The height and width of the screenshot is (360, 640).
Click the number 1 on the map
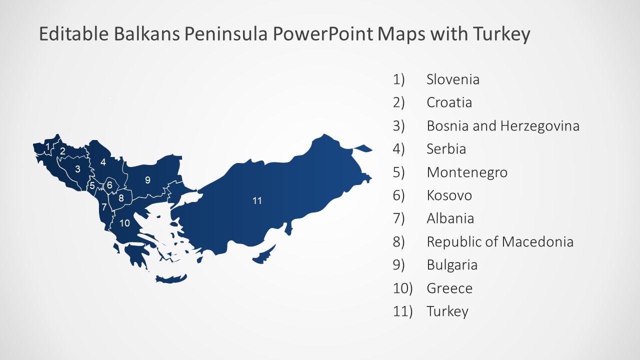pyautogui.click(x=47, y=146)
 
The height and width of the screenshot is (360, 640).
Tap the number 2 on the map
pyautogui.click(x=62, y=150)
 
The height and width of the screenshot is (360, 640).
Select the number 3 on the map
pyautogui.click(x=77, y=169)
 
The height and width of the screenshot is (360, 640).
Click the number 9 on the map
pyautogui.click(x=147, y=180)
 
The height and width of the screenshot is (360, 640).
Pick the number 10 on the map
pyautogui.click(x=125, y=223)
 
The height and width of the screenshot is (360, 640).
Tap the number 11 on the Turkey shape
pyautogui.click(x=257, y=201)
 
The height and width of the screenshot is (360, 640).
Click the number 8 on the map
pyautogui.click(x=121, y=198)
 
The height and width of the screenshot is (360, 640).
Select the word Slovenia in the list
pyautogui.click(x=452, y=79)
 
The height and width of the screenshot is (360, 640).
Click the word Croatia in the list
pyautogui.click(x=449, y=102)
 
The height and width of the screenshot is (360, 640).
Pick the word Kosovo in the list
pyautogui.click(x=449, y=195)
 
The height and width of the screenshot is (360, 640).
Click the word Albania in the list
pyautogui.click(x=450, y=218)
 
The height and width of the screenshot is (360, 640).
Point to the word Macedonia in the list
pyautogui.click(x=537, y=242)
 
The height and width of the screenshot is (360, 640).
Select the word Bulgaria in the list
pyautogui.click(x=452, y=265)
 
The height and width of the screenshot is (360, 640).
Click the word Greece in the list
pyautogui.click(x=449, y=288)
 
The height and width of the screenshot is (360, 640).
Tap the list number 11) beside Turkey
pyautogui.click(x=403, y=311)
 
